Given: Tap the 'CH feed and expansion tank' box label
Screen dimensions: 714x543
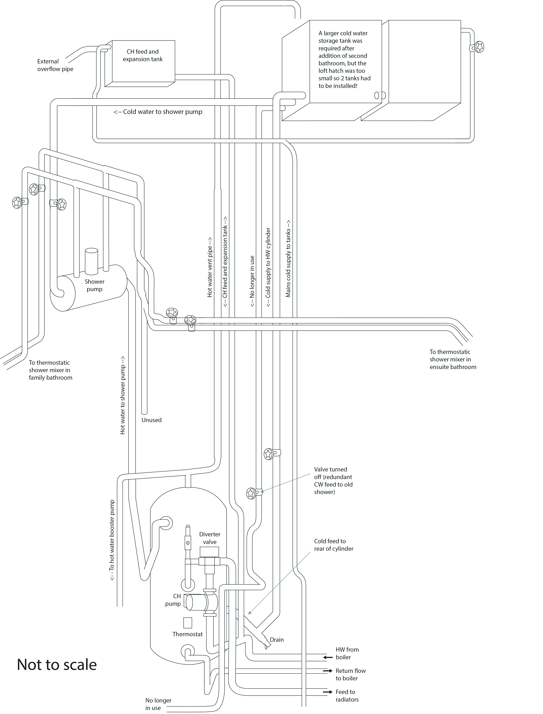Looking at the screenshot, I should pos(142,55).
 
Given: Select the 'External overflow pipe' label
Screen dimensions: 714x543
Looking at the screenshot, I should pos(55,65).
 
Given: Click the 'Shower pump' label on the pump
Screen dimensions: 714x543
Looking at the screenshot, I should pos(94,285).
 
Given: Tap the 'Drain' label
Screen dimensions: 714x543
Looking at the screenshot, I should pos(277,640).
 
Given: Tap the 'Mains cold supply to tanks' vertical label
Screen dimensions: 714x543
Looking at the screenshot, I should pos(288,259).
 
